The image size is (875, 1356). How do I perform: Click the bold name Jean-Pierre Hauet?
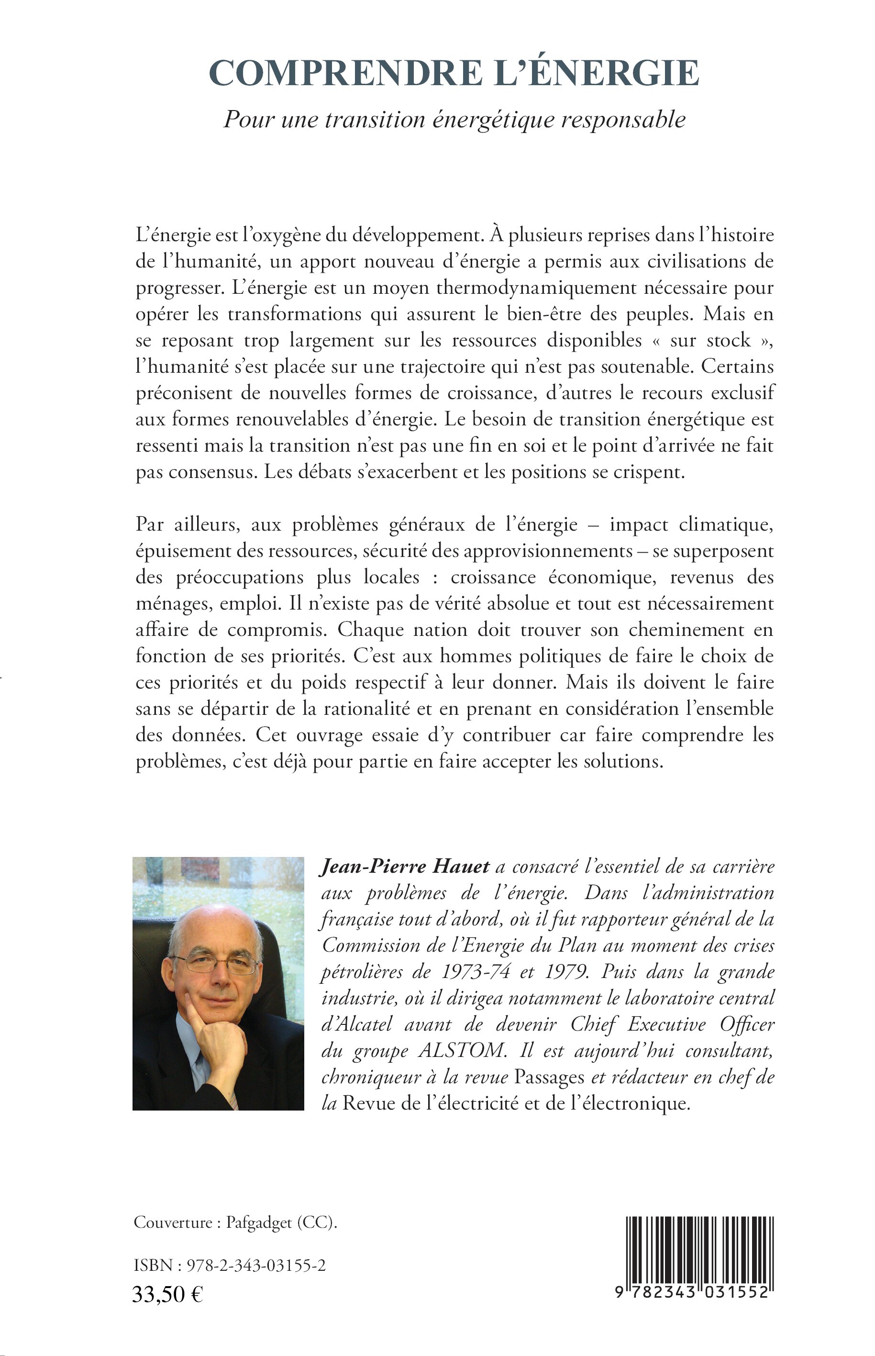(405, 867)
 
